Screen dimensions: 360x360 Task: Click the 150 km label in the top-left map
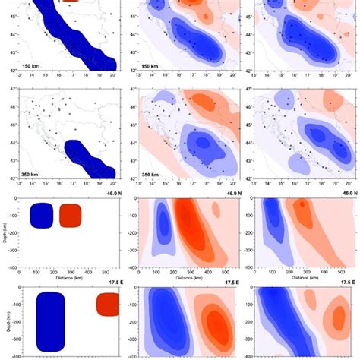[x=33, y=66]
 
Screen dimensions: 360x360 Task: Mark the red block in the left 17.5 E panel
[x=107, y=305]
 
